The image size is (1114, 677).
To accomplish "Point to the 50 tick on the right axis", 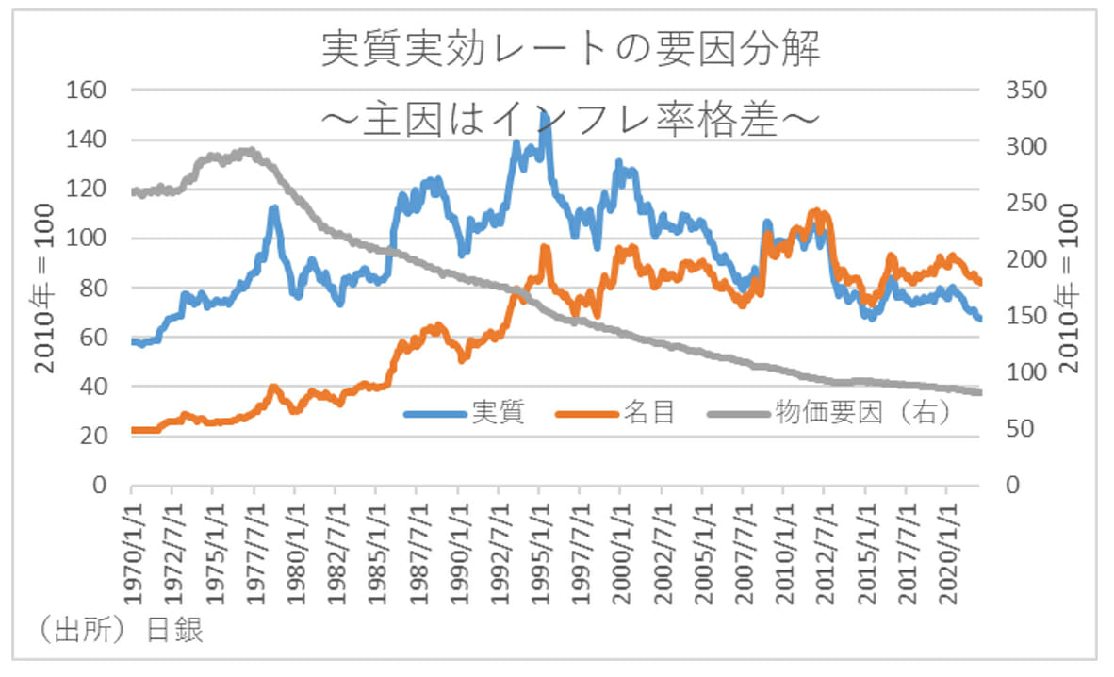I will click(1018, 429).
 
